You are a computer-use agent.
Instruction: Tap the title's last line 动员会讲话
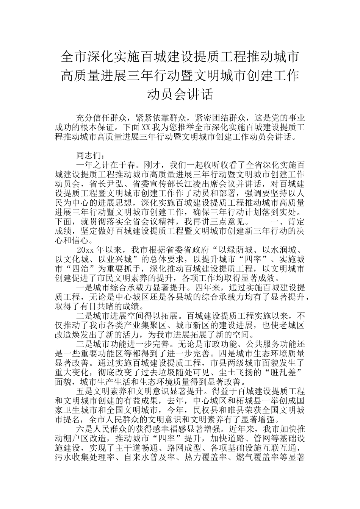[180, 94]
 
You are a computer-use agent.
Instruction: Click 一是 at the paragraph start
[85, 288]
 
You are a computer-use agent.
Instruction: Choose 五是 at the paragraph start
[85, 391]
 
